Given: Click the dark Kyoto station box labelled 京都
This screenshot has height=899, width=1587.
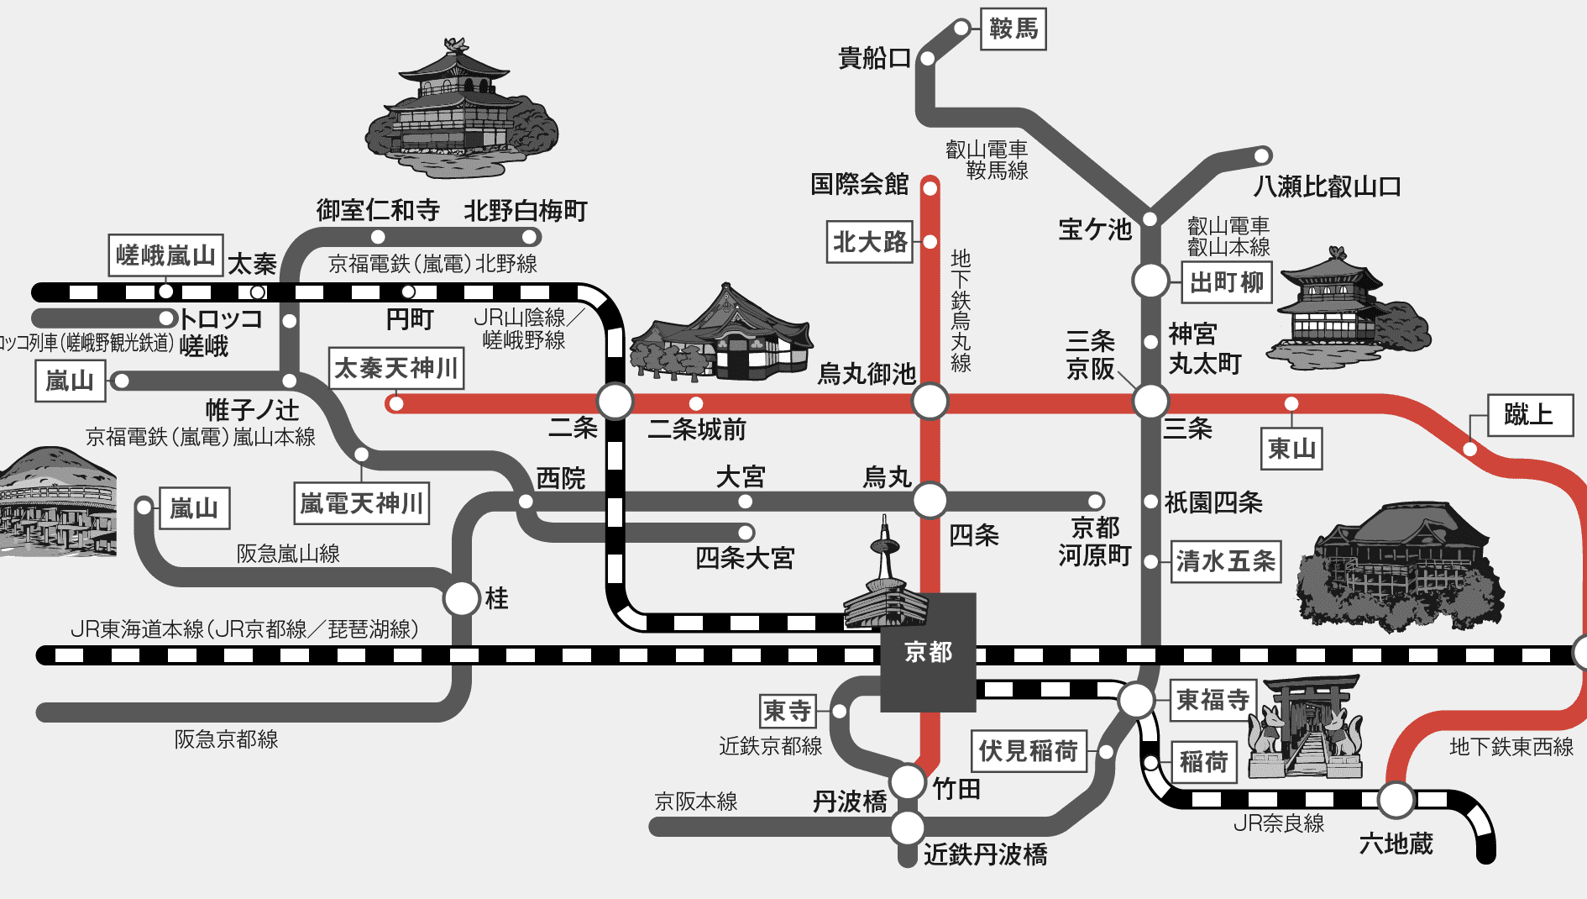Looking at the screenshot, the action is coord(928,652).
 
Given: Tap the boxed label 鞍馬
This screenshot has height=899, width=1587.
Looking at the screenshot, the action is coord(1013,29).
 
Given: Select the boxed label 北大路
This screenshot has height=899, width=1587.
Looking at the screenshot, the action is coord(870,242).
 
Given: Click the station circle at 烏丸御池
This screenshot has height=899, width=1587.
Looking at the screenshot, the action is coord(930,402).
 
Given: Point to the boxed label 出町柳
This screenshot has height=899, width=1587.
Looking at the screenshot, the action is coord(1227,282).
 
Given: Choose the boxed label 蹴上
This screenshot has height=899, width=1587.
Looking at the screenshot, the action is coord(1530,414).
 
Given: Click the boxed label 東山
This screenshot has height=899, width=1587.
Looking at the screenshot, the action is coord(1291,448).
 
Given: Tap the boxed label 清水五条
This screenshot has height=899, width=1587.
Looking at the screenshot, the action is coord(1226,561).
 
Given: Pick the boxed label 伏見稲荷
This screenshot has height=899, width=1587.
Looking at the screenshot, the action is coord(1029,750).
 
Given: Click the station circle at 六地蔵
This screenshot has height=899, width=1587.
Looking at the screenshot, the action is coord(1396,800).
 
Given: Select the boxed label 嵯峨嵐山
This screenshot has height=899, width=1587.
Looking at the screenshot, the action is coord(165,255).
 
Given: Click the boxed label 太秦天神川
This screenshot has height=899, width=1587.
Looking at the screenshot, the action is coord(396,368).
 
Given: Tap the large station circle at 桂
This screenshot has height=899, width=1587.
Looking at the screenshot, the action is coord(462,598).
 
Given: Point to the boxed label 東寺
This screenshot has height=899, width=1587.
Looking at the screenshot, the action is coord(788,712).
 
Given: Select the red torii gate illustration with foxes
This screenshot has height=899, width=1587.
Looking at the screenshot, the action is coord(1307,726).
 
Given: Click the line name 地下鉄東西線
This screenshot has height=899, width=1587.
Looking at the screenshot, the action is coord(1511,746).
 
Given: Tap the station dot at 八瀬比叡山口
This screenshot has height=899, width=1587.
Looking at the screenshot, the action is coord(1262,155).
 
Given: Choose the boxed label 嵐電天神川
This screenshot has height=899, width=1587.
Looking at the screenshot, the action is coord(362,503).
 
